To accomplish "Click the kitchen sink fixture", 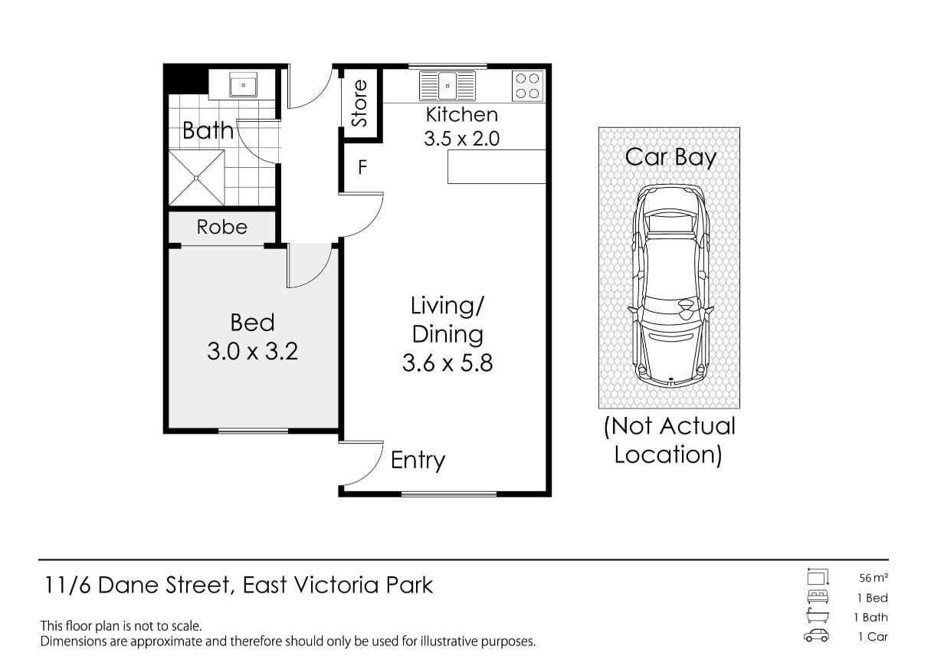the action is click(447, 86).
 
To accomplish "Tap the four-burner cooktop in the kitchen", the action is click(527, 86).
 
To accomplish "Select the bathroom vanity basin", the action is click(243, 84).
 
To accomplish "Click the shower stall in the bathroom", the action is click(196, 178).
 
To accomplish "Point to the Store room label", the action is click(359, 103).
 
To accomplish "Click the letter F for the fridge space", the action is click(362, 167).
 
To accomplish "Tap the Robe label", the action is click(222, 227).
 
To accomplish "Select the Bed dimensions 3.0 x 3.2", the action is click(253, 351).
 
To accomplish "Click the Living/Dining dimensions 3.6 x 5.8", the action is click(447, 363).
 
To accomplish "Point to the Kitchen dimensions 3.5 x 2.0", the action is click(462, 139).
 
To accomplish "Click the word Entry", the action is click(418, 461).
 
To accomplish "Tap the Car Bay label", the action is click(670, 158).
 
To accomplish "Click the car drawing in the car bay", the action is click(670, 287).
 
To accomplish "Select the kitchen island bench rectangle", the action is click(497, 167).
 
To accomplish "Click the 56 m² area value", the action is click(874, 578).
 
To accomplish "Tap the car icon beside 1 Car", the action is click(816, 636).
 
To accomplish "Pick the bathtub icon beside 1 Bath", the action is click(818, 615).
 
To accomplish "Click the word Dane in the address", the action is click(129, 585).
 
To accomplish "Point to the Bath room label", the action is click(208, 130).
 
